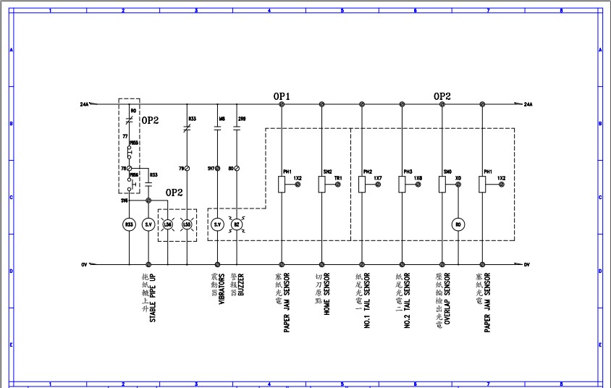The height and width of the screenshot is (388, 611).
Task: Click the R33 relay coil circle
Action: [x=129, y=225]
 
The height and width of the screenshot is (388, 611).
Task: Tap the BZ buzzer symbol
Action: [x=236, y=225]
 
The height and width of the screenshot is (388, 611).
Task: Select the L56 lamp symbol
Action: [x=168, y=225]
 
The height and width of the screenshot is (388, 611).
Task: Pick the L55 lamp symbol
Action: [x=187, y=225]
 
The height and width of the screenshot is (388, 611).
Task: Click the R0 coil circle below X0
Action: [x=458, y=225]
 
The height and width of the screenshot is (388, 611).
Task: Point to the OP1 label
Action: [x=282, y=96]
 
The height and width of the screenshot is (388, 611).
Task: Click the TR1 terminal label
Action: [x=337, y=177]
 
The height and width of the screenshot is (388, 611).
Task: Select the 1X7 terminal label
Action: [x=378, y=177]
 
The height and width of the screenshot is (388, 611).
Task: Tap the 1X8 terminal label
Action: [x=418, y=177]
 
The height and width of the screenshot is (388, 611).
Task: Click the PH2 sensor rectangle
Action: [x=362, y=185]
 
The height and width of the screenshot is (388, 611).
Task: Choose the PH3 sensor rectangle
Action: [x=402, y=185]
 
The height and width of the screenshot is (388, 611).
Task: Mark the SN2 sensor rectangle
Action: [x=321, y=185]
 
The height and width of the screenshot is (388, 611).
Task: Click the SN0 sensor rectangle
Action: [x=442, y=185]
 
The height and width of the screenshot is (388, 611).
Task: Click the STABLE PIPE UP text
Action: [x=152, y=298]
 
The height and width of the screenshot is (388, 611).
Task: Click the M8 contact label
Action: [x=222, y=118]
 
